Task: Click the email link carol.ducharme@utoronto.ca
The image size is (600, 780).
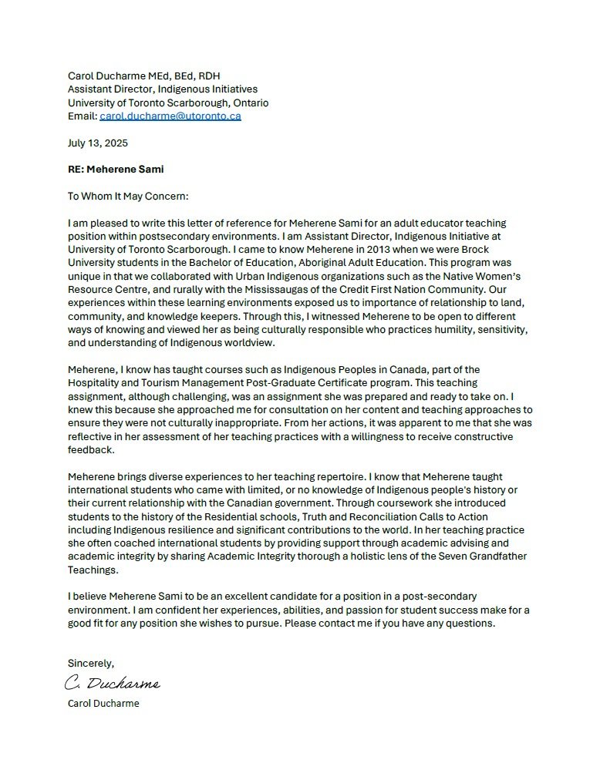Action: tap(170, 116)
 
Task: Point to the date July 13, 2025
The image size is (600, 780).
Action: tap(98, 143)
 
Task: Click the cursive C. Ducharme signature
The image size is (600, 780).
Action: tap(113, 683)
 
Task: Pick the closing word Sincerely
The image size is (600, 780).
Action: tap(91, 663)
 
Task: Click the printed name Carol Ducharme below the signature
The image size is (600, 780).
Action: tap(103, 703)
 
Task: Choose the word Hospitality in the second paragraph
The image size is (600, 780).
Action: tap(94, 383)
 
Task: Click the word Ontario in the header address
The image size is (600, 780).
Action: tap(248, 103)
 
